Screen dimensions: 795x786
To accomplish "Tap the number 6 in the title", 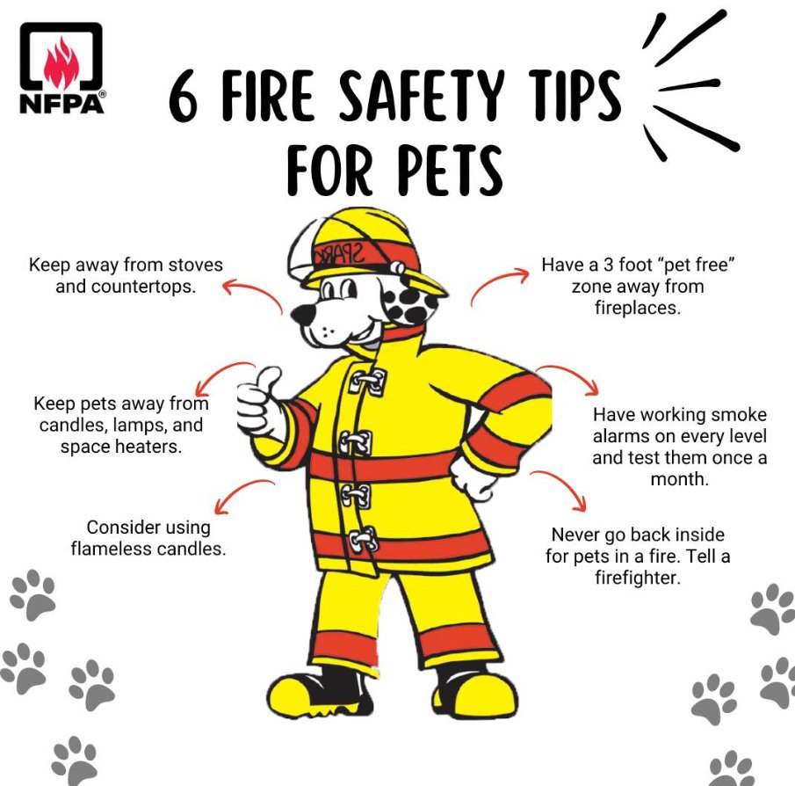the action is pyautogui.click(x=183, y=96).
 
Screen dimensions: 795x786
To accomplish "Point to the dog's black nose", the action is pyautogui.click(x=303, y=315).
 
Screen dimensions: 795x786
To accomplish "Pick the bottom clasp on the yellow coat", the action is pyautogui.click(x=364, y=540).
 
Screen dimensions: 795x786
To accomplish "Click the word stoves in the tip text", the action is pyautogui.click(x=195, y=265).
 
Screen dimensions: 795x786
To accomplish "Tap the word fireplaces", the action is pyautogui.click(x=638, y=308).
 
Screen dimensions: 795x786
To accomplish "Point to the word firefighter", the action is pyautogui.click(x=638, y=578).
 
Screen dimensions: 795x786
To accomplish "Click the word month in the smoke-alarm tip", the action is pyautogui.click(x=679, y=479).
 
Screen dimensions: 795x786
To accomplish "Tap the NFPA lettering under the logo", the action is pyautogui.click(x=61, y=104).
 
